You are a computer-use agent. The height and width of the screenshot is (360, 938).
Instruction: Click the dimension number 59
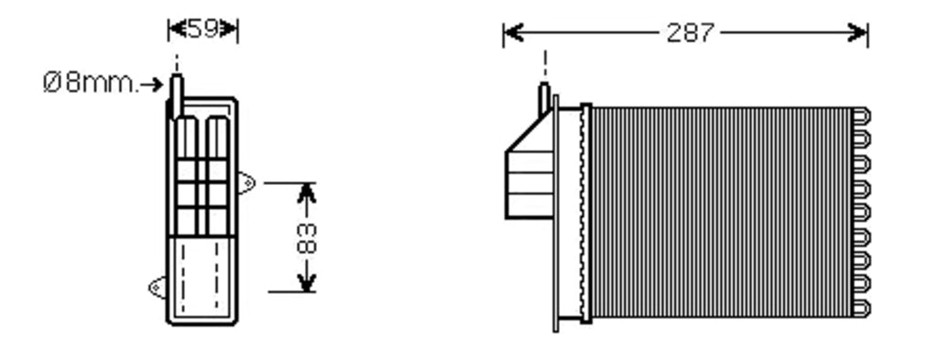[x=203, y=28]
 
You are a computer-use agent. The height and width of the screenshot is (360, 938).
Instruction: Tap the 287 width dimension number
[x=691, y=33]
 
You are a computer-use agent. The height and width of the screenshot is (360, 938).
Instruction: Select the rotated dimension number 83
[x=306, y=238]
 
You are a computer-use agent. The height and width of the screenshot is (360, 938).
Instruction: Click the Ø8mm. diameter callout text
[x=91, y=83]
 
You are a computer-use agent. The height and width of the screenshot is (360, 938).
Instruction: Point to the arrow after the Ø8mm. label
[x=151, y=84]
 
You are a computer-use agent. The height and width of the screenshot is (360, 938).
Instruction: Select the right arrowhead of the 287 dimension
[x=857, y=33]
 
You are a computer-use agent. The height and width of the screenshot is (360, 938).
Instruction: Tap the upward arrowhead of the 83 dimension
[x=306, y=193]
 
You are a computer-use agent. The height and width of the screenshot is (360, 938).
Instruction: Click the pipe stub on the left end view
[x=177, y=95]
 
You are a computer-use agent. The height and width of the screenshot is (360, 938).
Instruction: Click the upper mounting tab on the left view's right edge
[x=246, y=182]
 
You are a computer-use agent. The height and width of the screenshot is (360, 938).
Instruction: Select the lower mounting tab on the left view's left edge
[x=158, y=288]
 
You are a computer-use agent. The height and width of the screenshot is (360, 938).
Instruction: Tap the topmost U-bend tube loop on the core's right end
[x=861, y=116]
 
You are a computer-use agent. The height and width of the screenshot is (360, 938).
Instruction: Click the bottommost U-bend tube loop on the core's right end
[x=861, y=309]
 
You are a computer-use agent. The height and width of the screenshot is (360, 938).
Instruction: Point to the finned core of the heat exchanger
[x=721, y=213]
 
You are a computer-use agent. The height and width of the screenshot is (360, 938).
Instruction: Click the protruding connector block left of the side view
[x=529, y=184]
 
